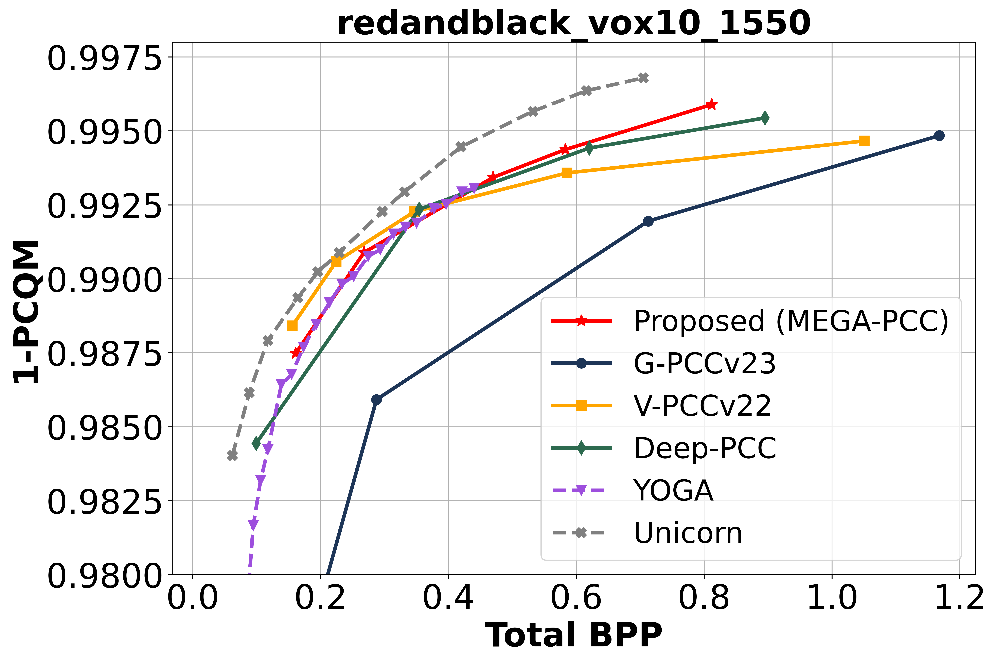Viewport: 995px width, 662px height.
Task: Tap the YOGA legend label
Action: [673, 491]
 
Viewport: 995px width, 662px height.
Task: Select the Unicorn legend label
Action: [688, 533]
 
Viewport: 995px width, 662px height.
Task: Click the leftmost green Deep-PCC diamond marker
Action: [256, 444]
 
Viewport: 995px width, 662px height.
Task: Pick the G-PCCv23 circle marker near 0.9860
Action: [376, 399]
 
